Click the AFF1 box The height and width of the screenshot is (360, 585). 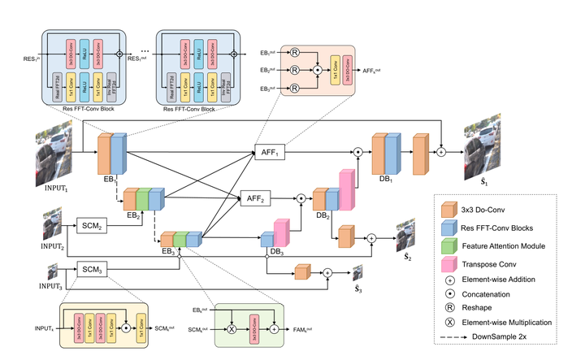[x=269, y=153]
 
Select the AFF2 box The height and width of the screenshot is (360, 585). [x=254, y=197]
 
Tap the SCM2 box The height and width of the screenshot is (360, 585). [x=90, y=223]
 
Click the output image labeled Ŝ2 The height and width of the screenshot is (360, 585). [x=404, y=235]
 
